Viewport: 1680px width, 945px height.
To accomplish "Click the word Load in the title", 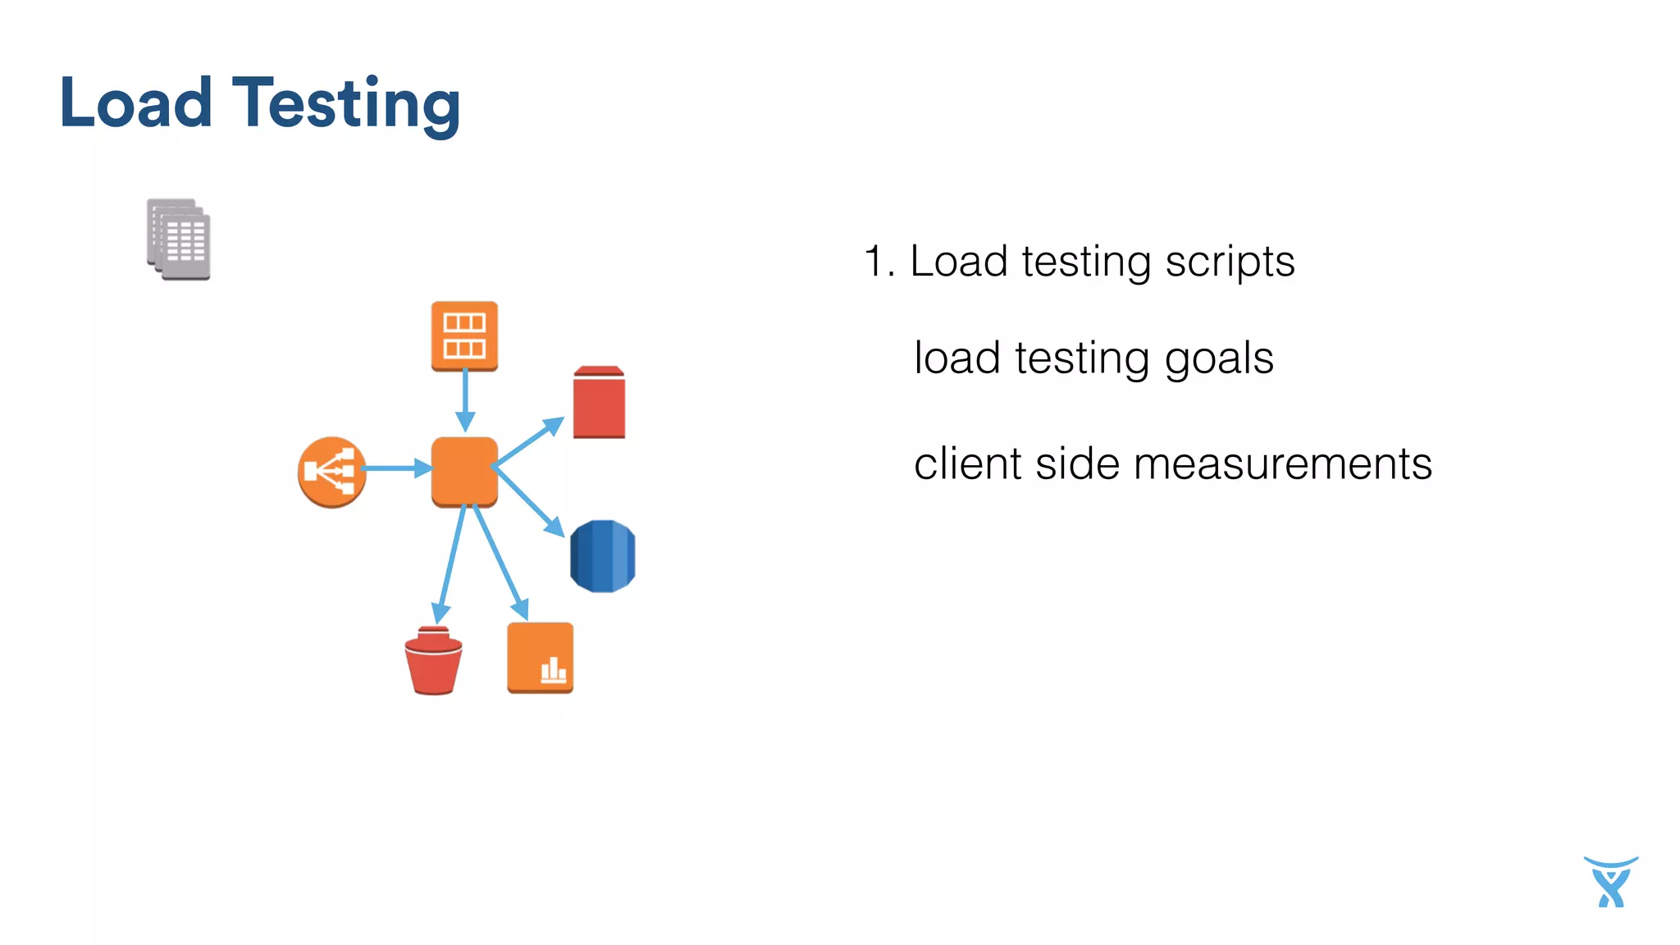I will point(136,103).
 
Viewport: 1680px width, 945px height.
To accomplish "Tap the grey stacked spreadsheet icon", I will point(179,240).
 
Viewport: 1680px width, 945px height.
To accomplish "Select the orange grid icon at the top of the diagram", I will point(464,336).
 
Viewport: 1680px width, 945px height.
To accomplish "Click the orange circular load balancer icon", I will point(331,472).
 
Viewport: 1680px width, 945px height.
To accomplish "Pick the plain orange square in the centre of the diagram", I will point(464,471).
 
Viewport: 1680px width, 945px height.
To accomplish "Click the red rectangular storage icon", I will point(599,403).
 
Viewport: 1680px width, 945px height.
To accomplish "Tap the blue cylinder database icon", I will point(602,556).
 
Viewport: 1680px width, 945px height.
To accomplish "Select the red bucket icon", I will point(433,661).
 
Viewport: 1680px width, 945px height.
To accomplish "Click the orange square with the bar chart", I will point(540,657).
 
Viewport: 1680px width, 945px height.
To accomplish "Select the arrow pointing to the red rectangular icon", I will point(529,443).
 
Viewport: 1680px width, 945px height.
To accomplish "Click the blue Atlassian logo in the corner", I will point(1610,882).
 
